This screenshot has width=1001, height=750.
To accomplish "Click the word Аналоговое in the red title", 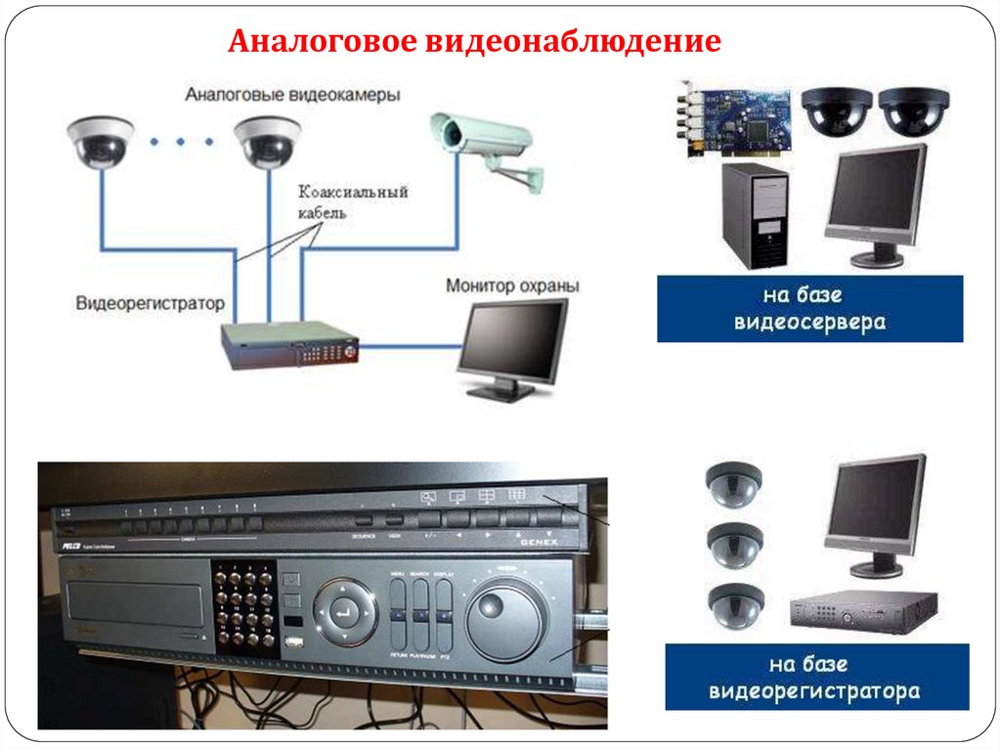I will (322, 42).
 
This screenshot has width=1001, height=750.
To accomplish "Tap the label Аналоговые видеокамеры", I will (292, 96).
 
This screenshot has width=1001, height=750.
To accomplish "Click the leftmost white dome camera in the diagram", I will (101, 141).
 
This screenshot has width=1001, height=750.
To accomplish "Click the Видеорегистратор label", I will (150, 303).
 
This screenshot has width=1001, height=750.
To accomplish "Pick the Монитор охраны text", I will (512, 287).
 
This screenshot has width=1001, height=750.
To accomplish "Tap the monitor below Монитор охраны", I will (512, 348).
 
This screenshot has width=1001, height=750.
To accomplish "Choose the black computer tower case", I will (754, 216).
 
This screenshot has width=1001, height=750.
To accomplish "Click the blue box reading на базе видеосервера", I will (809, 308).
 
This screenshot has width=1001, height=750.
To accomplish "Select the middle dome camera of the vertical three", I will (733, 545).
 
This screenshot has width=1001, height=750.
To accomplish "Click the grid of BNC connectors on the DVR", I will (243, 607).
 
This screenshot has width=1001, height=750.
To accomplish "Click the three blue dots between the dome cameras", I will (182, 143).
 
